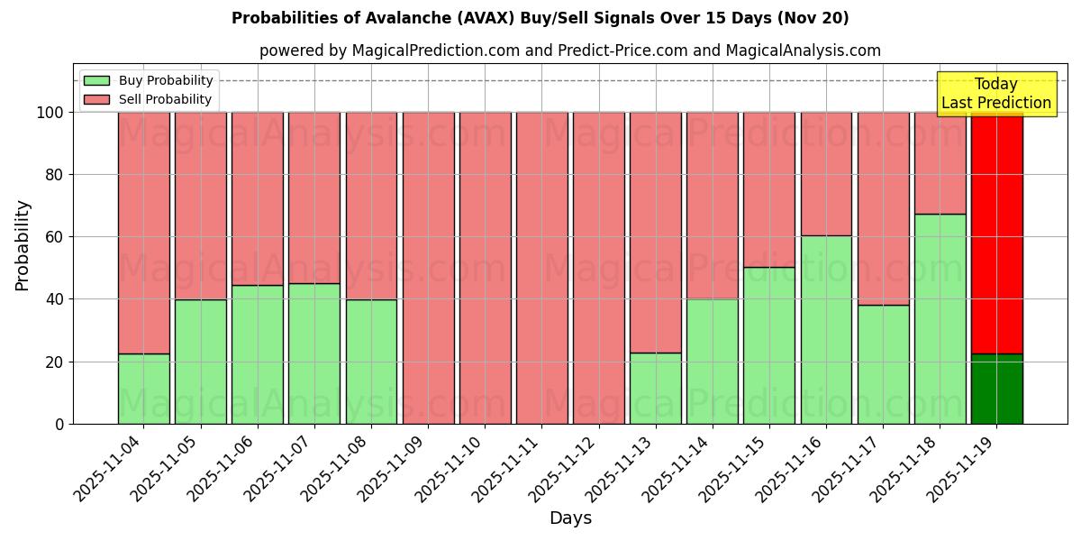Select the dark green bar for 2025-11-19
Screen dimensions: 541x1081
click(996, 389)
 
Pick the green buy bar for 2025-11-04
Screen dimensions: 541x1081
click(143, 389)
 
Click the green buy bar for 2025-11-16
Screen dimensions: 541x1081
click(826, 329)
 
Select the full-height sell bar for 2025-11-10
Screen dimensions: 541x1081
click(485, 268)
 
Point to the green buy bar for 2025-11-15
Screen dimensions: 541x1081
click(769, 345)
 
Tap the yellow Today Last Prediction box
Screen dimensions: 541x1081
click(995, 94)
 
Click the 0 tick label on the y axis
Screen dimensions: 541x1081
click(59, 424)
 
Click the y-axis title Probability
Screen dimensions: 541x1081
click(23, 245)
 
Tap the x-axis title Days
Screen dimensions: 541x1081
click(570, 518)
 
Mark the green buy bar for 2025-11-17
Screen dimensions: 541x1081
click(883, 364)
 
